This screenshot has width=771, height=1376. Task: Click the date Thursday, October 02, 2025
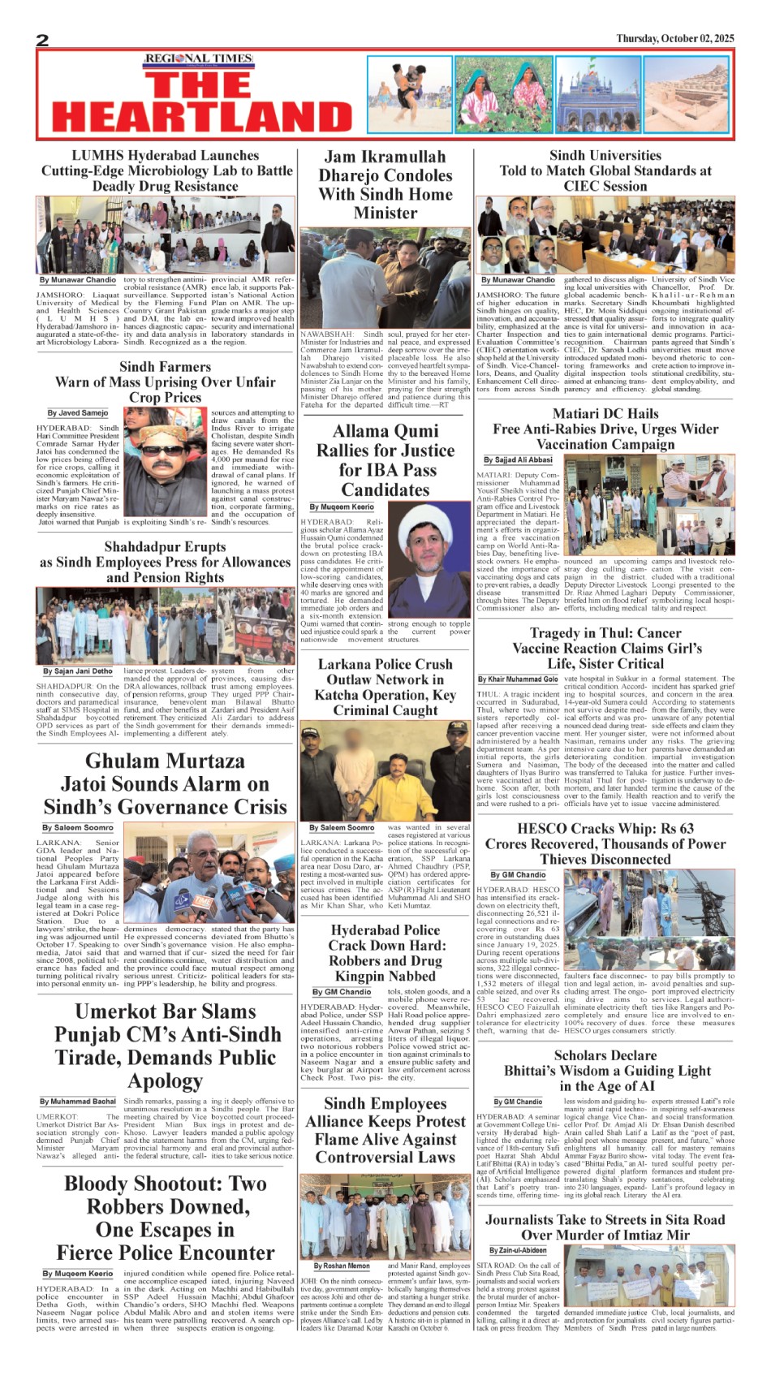coord(674,38)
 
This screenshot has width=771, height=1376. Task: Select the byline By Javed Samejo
coord(77,413)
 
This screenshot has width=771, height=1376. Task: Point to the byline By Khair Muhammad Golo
coord(518,679)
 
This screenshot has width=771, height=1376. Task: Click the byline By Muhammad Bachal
coord(78,1102)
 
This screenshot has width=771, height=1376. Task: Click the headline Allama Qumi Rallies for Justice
coord(385,460)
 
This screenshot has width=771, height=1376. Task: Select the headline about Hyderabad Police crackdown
coord(385,953)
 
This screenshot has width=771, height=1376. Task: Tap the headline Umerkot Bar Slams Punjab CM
coord(166,1046)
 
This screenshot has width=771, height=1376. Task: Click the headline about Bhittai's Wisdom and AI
coord(605,1070)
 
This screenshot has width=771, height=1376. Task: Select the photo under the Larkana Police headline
coord(385,771)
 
